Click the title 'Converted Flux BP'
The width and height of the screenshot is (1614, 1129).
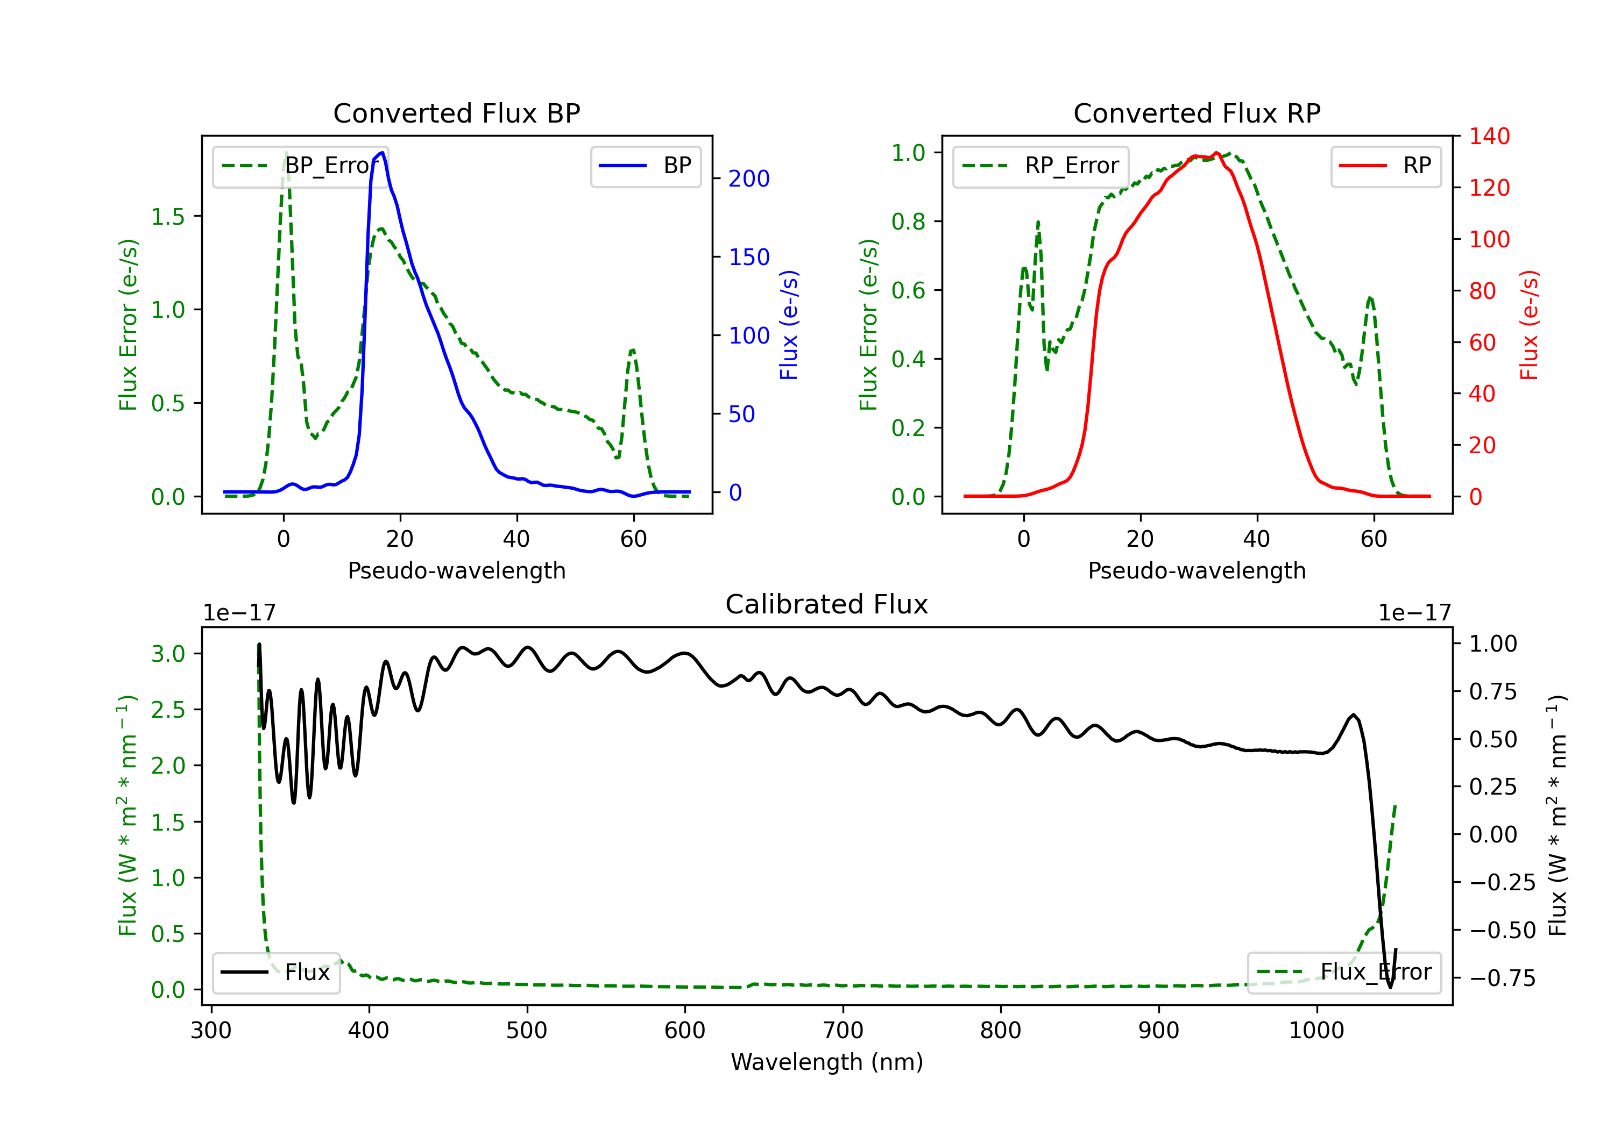pos(457,113)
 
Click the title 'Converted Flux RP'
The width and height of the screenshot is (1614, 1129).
pos(1197,113)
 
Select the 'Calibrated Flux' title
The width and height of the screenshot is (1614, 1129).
pos(827,604)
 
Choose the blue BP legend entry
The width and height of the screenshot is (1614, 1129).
pos(645,166)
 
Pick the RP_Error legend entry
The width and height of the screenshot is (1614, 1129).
pos(1040,166)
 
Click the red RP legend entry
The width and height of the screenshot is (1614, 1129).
pos(1385,166)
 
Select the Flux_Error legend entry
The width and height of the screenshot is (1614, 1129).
pos(1344,973)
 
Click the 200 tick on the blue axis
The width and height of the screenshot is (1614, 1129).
pos(749,178)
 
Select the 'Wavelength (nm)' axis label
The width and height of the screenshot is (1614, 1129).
pos(827,1062)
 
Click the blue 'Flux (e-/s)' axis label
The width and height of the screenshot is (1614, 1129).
pos(789,325)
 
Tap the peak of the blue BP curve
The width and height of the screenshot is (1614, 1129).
pos(381,153)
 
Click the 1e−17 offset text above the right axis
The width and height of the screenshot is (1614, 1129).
pos(1414,613)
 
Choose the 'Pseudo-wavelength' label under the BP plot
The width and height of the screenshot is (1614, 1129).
pos(457,570)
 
